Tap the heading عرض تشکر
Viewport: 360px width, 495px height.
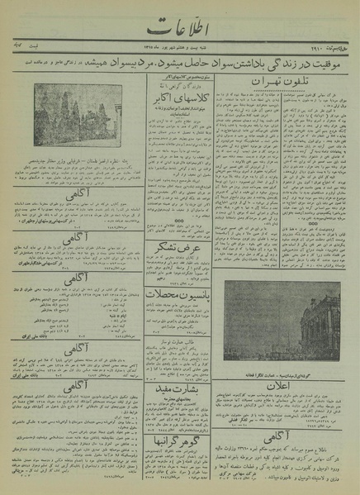[x=179, y=245]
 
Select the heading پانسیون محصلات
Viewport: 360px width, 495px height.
[x=179, y=293]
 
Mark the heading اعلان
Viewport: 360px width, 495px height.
[x=288, y=363]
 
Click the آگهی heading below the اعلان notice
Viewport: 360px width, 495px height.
[x=288, y=418]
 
